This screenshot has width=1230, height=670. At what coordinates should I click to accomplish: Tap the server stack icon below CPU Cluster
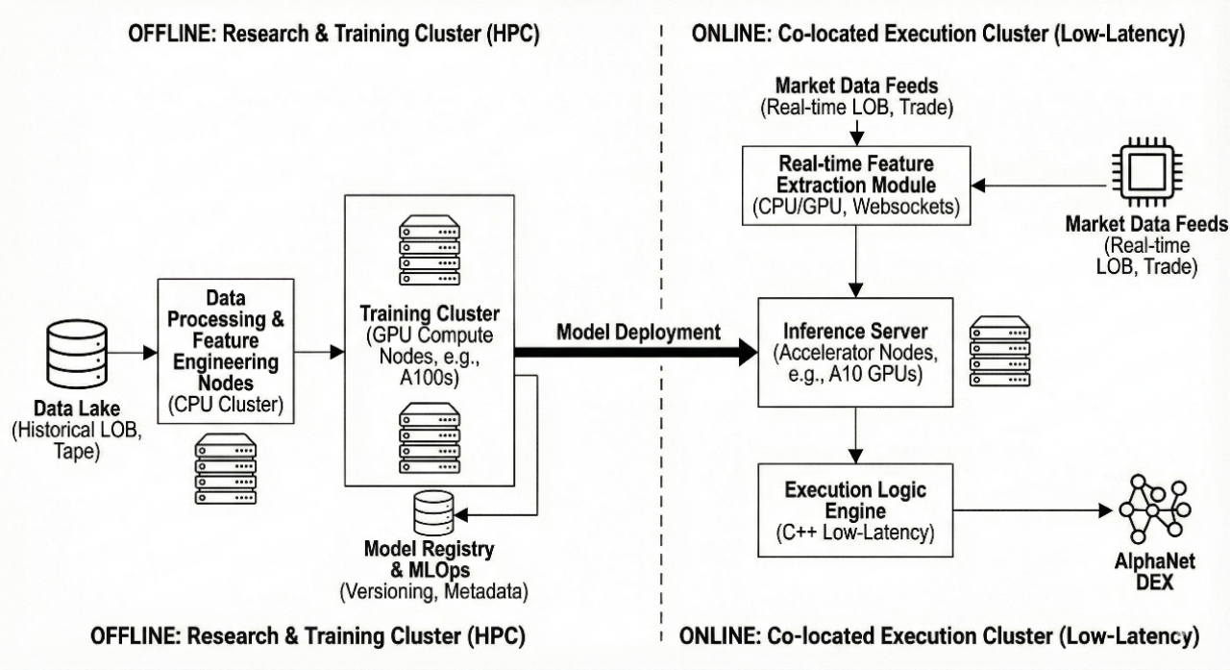pos(226,470)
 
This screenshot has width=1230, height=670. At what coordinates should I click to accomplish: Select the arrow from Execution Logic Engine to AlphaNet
pos(1028,510)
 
